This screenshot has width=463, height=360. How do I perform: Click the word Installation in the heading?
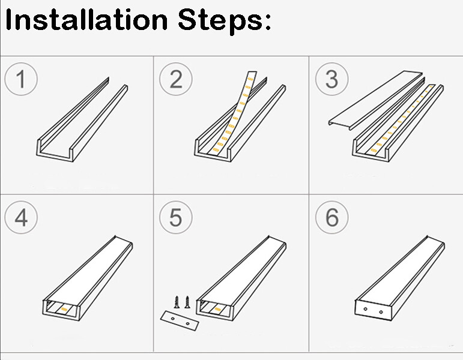[86, 20]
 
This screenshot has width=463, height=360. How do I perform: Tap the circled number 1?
[21, 79]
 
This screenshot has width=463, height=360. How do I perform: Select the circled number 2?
[176, 79]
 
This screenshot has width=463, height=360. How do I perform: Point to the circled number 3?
[332, 79]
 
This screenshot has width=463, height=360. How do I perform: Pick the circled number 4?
[21, 217]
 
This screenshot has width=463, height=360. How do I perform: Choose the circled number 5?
[176, 217]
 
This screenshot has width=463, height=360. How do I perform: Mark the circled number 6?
[332, 217]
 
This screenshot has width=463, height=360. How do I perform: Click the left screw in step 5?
[177, 302]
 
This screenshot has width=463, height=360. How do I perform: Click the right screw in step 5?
[187, 302]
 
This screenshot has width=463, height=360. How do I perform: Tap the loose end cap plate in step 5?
[180, 321]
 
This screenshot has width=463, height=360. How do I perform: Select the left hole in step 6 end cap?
[366, 309]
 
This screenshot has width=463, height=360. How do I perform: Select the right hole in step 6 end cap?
[381, 312]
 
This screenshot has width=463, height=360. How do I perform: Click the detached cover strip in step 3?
[375, 100]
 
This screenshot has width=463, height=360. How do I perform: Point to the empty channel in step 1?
[82, 119]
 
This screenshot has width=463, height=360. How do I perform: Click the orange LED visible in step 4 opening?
[64, 309]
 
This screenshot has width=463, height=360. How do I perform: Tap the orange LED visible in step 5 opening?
[217, 309]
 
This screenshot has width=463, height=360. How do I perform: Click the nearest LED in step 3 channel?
[374, 151]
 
